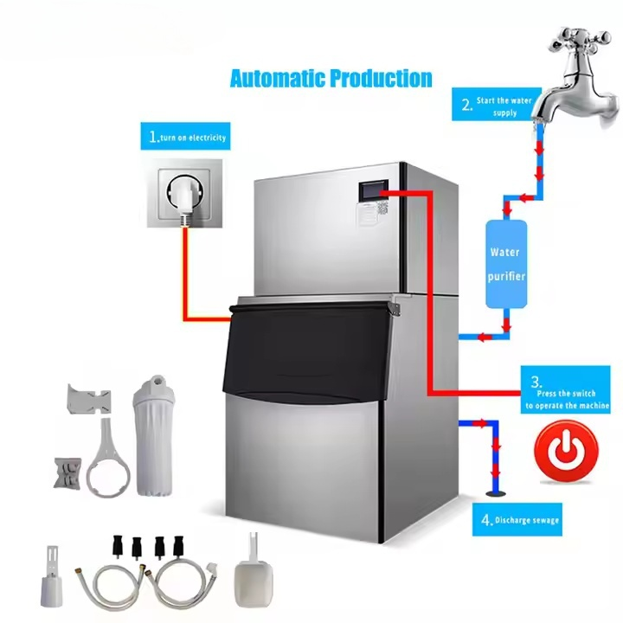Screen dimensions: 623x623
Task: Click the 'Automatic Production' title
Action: pyautogui.click(x=331, y=79)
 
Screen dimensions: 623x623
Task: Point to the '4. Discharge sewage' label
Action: pyautogui.click(x=519, y=520)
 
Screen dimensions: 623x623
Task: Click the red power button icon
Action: pyautogui.click(x=567, y=451)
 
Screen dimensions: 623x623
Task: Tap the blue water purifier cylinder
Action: pyautogui.click(x=506, y=264)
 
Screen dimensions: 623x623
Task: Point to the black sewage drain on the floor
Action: pyautogui.click(x=497, y=494)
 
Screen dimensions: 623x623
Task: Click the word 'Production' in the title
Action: pyautogui.click(x=382, y=79)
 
